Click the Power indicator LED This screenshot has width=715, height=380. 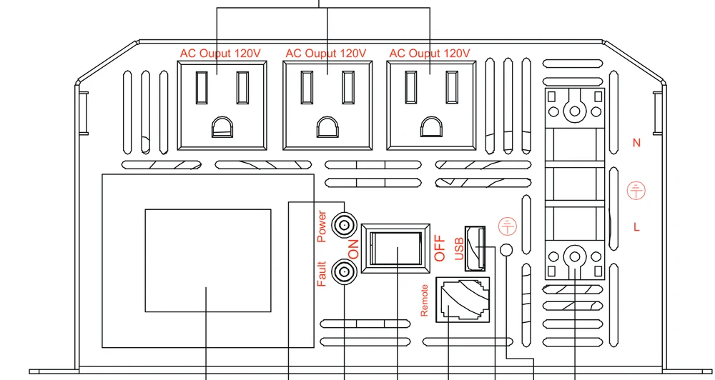pos(344,225)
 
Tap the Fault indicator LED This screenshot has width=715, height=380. pos(344,272)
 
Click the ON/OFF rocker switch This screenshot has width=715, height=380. pos(396,249)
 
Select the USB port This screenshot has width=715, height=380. pos(475,249)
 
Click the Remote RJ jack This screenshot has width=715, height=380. pos(463,300)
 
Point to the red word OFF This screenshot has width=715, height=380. pos(440,249)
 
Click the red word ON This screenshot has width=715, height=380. pos(353,249)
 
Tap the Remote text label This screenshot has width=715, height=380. pos(425,300)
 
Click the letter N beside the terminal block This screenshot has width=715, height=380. pos(636,143)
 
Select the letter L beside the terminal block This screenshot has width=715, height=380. pos(636,227)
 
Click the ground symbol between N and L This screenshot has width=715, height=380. pos(636,191)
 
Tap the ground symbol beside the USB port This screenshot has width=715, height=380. pos(508,226)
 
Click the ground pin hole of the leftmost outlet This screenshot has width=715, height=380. pos(222,127)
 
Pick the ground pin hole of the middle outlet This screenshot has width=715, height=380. pos(328,127)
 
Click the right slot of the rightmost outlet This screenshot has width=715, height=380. pos(452,87)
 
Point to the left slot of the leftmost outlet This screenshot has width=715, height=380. pos(202,87)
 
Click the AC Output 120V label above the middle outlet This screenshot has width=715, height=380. pos(326,54)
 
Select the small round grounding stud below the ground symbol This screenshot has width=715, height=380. pos(507,249)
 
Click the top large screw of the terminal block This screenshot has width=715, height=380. pos(575,111)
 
